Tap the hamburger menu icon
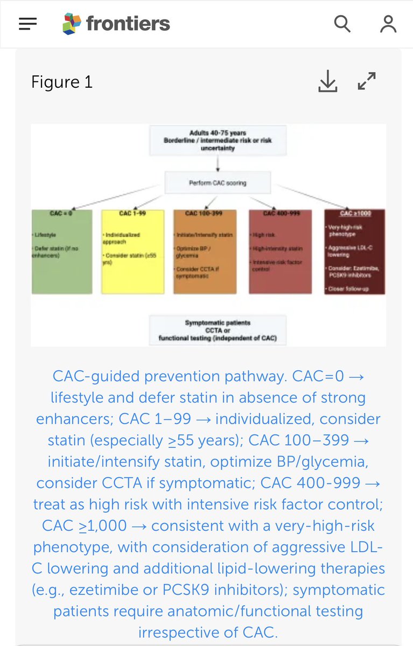[x=27, y=24]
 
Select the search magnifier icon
[x=342, y=24]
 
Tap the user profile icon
[x=388, y=24]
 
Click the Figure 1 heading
[x=62, y=82]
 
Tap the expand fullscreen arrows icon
[x=367, y=81]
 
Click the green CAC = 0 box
[x=61, y=251]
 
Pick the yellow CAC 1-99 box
[x=132, y=251]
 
